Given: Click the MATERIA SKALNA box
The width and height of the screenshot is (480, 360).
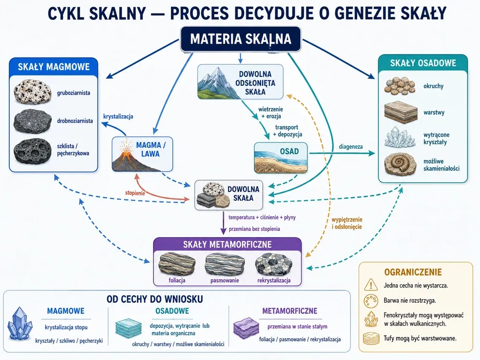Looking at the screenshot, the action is [240, 39].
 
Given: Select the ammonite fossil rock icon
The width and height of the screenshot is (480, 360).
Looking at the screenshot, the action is [400, 164].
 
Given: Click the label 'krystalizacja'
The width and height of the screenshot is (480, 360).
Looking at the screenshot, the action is [118, 117].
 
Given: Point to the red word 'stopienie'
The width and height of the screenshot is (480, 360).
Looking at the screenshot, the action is [135, 193].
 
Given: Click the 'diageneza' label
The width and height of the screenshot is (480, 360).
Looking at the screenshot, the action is [351, 146].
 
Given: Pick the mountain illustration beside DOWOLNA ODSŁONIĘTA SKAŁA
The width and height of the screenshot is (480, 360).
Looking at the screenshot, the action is [216, 82].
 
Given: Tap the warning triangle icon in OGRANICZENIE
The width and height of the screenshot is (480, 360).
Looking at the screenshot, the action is [371, 285].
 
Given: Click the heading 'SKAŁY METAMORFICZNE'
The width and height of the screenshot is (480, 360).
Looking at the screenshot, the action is [227, 244].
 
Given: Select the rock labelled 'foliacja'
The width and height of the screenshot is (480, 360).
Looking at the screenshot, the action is [177, 264].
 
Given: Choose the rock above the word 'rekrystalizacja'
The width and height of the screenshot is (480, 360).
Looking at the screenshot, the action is [274, 264].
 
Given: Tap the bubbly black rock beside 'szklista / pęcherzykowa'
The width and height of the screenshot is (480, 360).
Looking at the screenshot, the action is [33, 150].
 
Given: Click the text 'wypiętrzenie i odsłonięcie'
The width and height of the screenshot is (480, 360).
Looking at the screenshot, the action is [347, 223].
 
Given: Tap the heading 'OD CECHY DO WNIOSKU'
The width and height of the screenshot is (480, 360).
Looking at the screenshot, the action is [155, 299].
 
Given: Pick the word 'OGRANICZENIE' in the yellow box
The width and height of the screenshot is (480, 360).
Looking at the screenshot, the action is [413, 272].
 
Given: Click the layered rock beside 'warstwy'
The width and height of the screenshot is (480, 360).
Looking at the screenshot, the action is [401, 112].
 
